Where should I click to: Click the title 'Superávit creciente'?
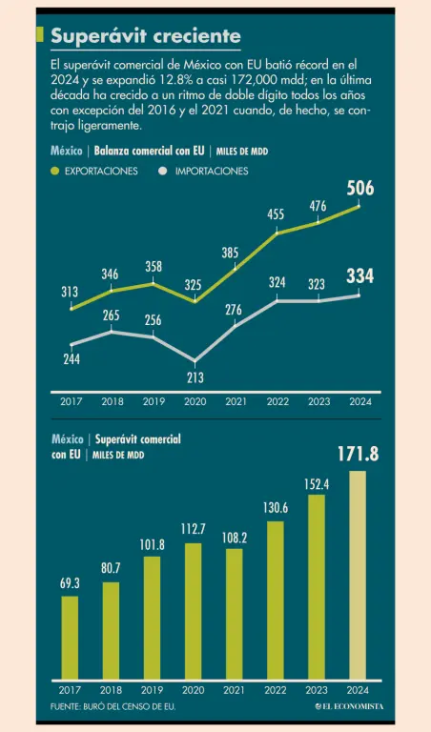click(146, 36)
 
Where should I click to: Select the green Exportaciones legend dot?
click(55, 172)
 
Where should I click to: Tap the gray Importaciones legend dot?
click(163, 172)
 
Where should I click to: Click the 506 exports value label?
click(360, 188)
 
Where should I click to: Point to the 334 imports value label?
click(360, 275)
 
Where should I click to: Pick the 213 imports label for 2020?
click(195, 377)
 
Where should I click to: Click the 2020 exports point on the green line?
click(195, 301)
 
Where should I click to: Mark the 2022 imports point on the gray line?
click(277, 300)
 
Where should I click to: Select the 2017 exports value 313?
click(70, 293)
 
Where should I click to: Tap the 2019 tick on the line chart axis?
click(154, 401)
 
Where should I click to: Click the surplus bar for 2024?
click(358, 575)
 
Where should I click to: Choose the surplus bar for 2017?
click(70, 638)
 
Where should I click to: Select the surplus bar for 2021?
click(235, 614)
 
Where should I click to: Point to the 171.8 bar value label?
click(358, 455)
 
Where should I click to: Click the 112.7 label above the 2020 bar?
click(194, 529)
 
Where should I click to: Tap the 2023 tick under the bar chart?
click(318, 690)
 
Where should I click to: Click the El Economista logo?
click(349, 706)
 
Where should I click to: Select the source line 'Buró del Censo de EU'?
click(113, 707)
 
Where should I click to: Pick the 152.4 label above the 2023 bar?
click(317, 484)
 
